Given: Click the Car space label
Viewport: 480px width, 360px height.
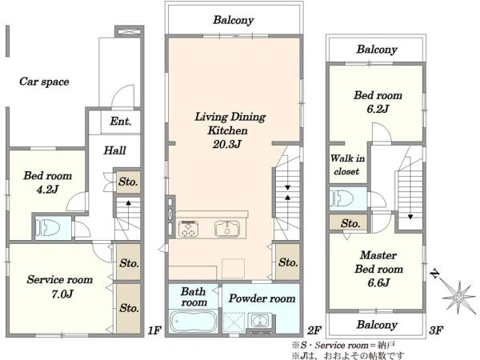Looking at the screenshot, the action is click(44, 82).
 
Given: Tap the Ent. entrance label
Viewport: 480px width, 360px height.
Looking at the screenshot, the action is click(121, 122).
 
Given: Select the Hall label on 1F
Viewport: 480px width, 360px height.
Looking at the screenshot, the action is click(114, 150).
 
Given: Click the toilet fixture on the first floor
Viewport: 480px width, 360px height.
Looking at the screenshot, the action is click(47, 227).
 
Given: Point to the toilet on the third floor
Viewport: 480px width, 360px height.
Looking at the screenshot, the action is click(342, 198).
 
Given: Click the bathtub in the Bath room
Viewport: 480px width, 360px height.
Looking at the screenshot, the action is click(193, 322).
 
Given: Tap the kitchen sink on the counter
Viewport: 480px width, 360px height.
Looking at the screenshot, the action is click(227, 229).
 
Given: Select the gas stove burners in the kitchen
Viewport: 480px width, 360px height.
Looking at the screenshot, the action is click(188, 229).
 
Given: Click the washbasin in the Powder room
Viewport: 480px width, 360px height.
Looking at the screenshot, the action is click(260, 321).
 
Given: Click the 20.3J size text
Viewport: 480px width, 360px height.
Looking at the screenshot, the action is click(227, 144).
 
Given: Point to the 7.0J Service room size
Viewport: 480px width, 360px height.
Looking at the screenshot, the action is click(62, 294).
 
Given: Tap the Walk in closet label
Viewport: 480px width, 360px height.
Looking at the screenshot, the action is click(347, 165).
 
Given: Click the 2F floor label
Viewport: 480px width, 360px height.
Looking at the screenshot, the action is click(314, 330).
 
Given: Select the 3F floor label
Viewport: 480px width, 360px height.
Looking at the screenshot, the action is click(436, 330).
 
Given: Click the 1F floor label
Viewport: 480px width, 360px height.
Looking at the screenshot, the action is click(154, 330).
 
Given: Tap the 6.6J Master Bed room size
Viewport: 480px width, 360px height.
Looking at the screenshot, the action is click(378, 282).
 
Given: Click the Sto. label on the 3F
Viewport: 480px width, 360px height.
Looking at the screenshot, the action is click(350, 223).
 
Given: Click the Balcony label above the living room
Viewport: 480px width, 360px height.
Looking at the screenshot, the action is click(234, 20).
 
